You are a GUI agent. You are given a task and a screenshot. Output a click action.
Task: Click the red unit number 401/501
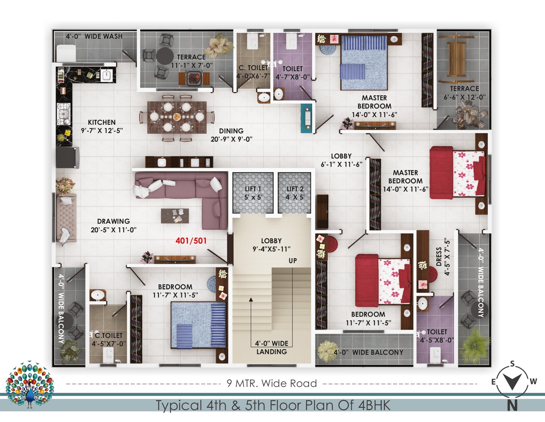191,241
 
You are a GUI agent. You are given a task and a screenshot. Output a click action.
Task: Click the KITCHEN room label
102,122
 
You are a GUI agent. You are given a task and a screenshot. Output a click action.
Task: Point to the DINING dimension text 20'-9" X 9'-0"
231,139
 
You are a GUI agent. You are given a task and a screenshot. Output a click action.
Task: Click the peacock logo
29,384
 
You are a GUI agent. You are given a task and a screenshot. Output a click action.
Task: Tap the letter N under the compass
512,405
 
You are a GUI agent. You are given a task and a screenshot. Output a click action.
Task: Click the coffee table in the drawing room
175,215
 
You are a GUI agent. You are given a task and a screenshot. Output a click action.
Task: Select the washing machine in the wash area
66,53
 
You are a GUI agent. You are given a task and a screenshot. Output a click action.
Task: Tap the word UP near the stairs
293,261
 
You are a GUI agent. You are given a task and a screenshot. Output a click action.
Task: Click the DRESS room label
439,257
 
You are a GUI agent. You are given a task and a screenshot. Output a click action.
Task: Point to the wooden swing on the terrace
456,59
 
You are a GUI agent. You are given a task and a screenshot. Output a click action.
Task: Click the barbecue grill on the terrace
194,78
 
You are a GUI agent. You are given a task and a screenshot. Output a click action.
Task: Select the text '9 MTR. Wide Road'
272,383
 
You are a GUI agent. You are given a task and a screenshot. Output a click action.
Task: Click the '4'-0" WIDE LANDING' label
272,348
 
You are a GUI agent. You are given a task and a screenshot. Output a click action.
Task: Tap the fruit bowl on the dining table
177,117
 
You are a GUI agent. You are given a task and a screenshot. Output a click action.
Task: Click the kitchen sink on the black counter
107,75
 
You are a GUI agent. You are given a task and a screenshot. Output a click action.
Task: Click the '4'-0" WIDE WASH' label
94,36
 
